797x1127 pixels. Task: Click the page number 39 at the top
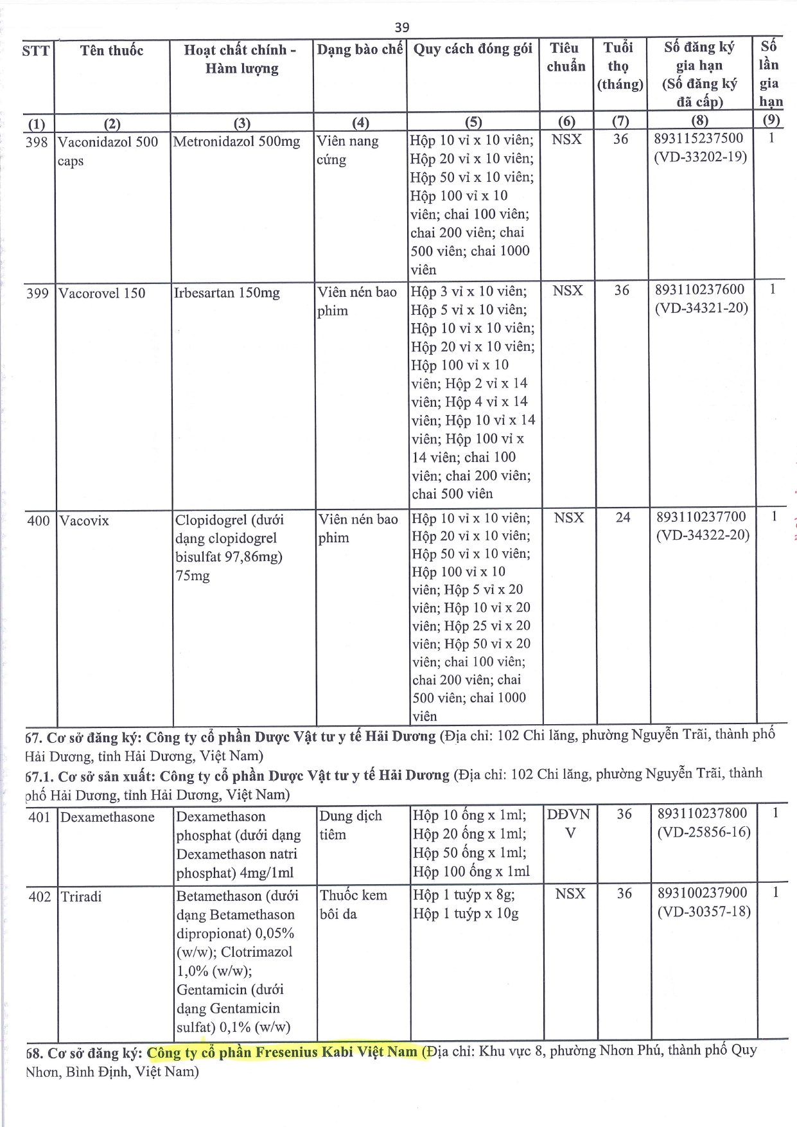[401, 27]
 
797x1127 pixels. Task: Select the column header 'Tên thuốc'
[112, 50]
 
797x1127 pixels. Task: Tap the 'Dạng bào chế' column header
[360, 49]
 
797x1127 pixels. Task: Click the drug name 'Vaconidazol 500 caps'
[107, 150]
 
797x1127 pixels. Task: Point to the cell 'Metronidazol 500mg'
[236, 141]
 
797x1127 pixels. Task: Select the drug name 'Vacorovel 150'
[101, 293]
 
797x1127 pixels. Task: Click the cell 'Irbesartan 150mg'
[227, 293]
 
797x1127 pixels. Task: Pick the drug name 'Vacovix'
[84, 520]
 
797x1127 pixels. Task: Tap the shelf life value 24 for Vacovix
[623, 517]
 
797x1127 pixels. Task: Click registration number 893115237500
[699, 138]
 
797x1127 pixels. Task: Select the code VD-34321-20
[701, 308]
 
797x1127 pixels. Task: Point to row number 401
[40, 817]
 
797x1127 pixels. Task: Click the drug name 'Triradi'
[81, 896]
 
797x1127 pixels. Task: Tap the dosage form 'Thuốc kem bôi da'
[353, 904]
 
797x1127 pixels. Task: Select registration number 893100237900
[702, 892]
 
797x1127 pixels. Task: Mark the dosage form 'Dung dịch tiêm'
[351, 825]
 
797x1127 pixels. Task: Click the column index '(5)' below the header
[473, 122]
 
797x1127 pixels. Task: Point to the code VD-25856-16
[703, 832]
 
